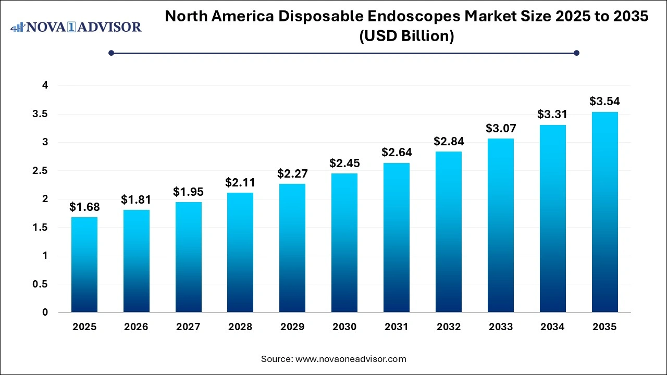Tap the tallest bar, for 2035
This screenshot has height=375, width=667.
click(x=604, y=212)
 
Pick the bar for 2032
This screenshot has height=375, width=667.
click(x=449, y=232)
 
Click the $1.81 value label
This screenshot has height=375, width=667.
click(x=136, y=199)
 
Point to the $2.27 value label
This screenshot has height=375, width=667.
click(x=292, y=173)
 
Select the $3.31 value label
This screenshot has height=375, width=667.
click(x=552, y=115)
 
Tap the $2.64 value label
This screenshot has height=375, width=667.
click(x=397, y=153)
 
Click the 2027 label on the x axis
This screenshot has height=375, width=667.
click(x=188, y=327)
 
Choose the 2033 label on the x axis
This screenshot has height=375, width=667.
click(x=501, y=327)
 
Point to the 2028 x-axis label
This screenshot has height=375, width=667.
click(x=240, y=327)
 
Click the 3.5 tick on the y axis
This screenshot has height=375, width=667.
click(x=41, y=114)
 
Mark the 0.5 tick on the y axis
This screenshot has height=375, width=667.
click(x=41, y=284)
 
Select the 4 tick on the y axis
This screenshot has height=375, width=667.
click(x=45, y=85)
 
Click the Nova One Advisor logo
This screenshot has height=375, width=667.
click(x=76, y=27)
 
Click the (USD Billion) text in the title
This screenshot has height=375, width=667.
click(x=406, y=36)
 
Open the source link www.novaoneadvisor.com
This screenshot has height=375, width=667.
click(x=351, y=359)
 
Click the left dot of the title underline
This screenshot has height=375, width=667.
click(x=111, y=53)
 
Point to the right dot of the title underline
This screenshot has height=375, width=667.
click(x=576, y=53)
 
